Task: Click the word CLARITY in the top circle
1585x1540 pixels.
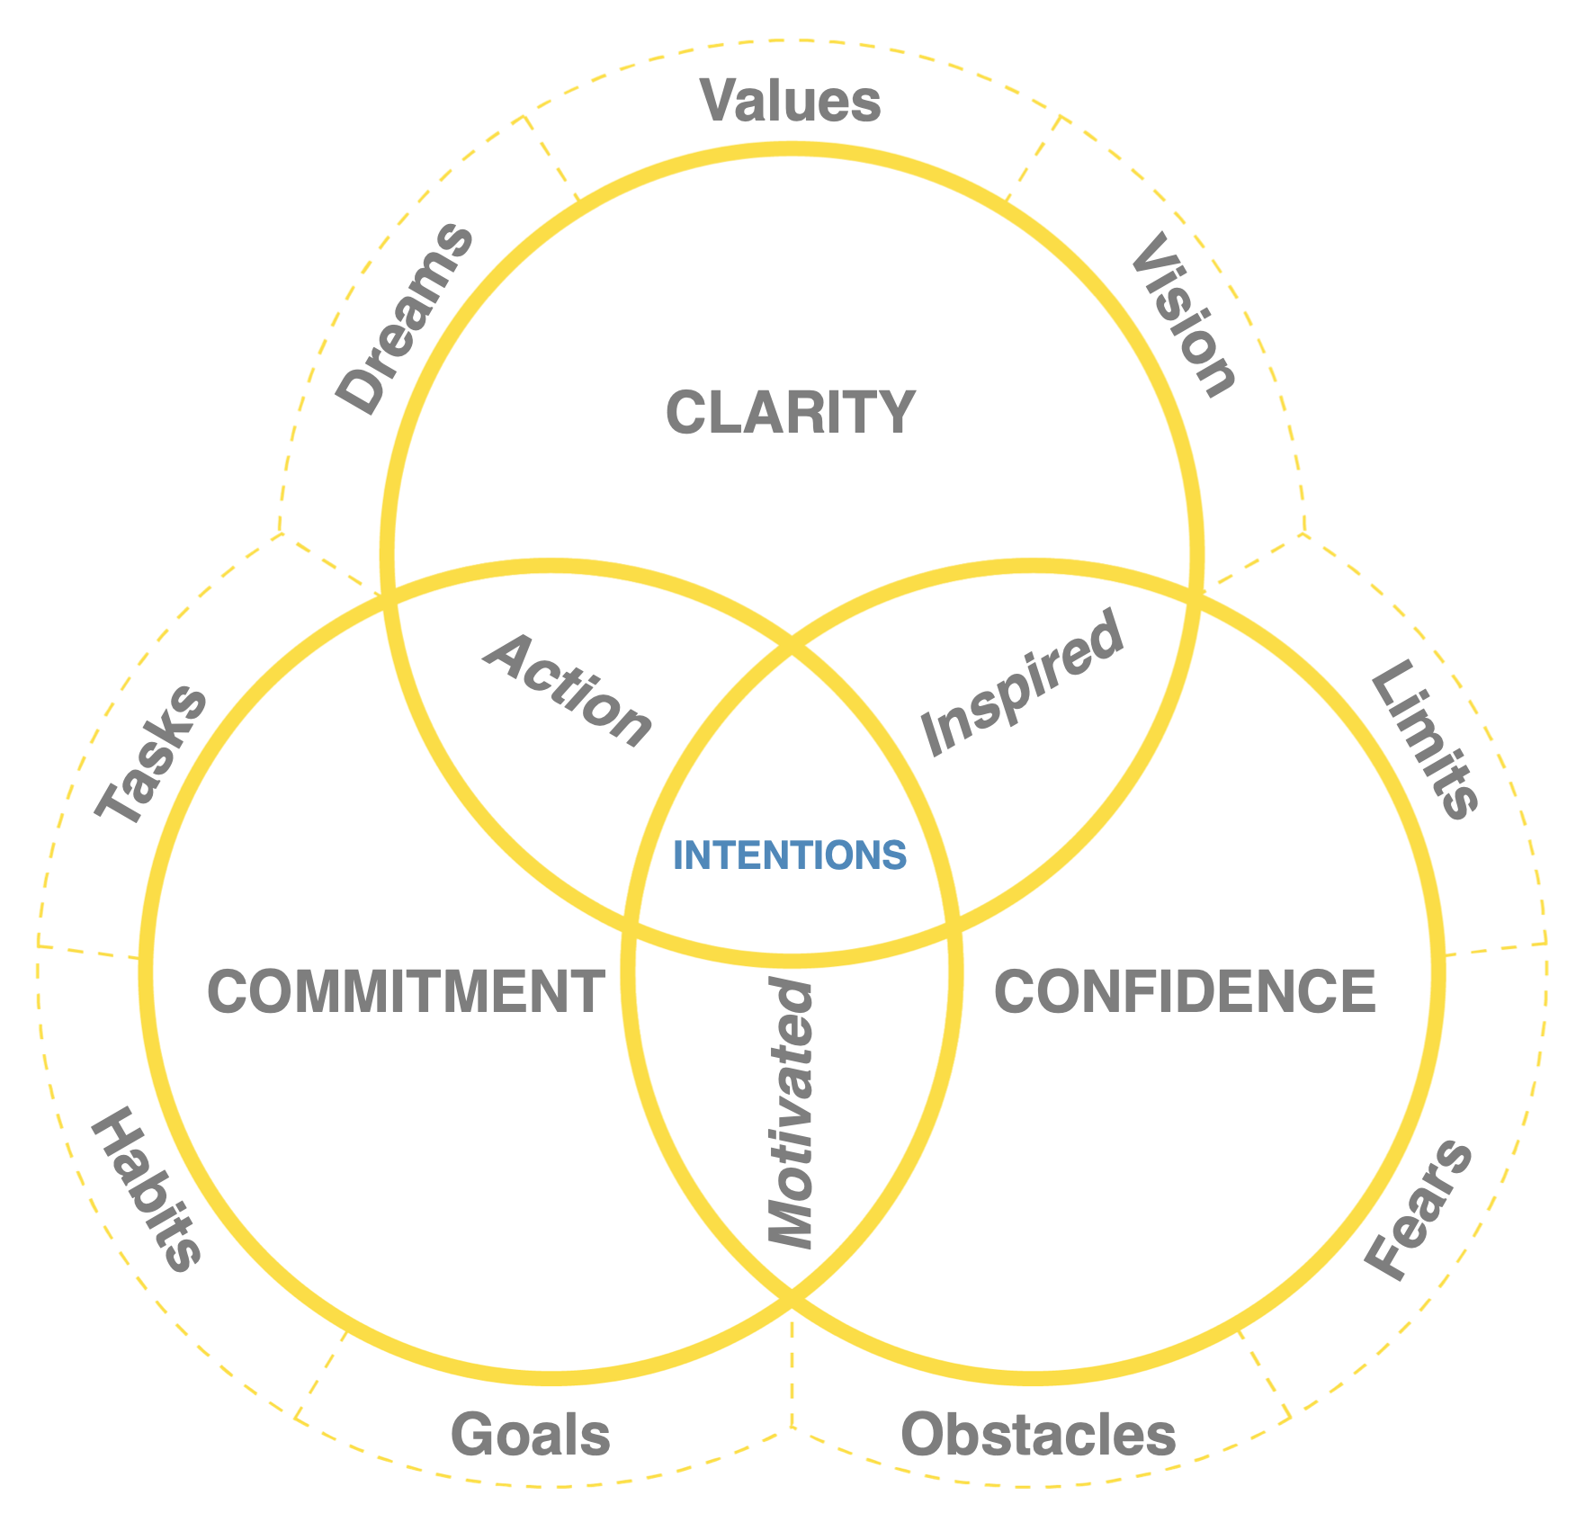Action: [790, 413]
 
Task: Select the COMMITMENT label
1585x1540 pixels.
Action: [406, 992]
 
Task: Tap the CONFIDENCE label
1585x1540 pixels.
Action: [1185, 992]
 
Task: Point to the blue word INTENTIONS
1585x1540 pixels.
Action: [790, 855]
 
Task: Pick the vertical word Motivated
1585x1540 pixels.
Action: [792, 1115]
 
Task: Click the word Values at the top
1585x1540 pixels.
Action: [790, 101]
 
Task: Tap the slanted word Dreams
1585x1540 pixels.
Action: [405, 319]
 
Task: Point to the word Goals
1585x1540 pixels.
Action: [531, 1435]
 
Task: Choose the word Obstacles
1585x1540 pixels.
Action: [1038, 1435]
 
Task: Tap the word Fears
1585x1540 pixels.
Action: [1419, 1210]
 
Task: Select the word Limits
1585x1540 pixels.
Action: [1424, 739]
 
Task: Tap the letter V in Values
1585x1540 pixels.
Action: [721, 101]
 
